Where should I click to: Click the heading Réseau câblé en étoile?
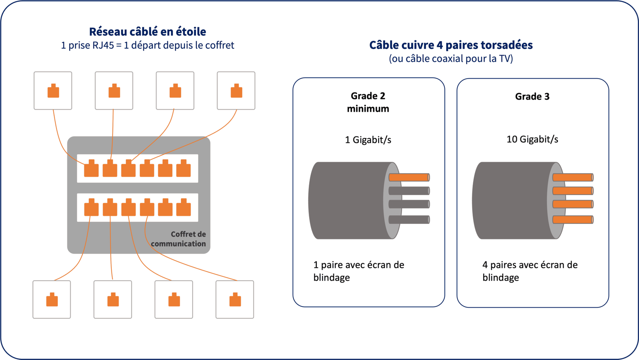coord(147,32)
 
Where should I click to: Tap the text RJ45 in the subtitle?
coord(103,45)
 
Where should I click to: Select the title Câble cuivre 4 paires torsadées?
coord(450,45)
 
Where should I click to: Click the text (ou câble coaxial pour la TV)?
coord(450,59)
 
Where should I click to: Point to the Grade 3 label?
coord(532,97)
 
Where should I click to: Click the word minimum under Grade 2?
coord(368,109)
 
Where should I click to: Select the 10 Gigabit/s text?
coord(532,139)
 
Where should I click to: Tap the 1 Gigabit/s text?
coord(368,140)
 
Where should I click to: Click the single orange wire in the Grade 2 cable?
coord(409,177)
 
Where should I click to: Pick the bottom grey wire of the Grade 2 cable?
coord(409,220)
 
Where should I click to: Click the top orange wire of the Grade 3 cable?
coord(572,177)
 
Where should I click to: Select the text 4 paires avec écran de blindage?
coord(530,271)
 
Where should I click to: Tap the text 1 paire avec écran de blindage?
coord(358,271)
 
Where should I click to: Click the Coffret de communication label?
coord(178,239)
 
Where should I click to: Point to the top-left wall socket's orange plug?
coord(53,91)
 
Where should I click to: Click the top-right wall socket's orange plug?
coord(236,91)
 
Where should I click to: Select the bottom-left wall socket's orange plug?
coord(52,300)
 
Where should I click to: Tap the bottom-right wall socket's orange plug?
coord(235,300)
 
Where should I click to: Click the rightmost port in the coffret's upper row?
coord(184,168)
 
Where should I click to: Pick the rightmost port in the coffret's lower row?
coord(184,208)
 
